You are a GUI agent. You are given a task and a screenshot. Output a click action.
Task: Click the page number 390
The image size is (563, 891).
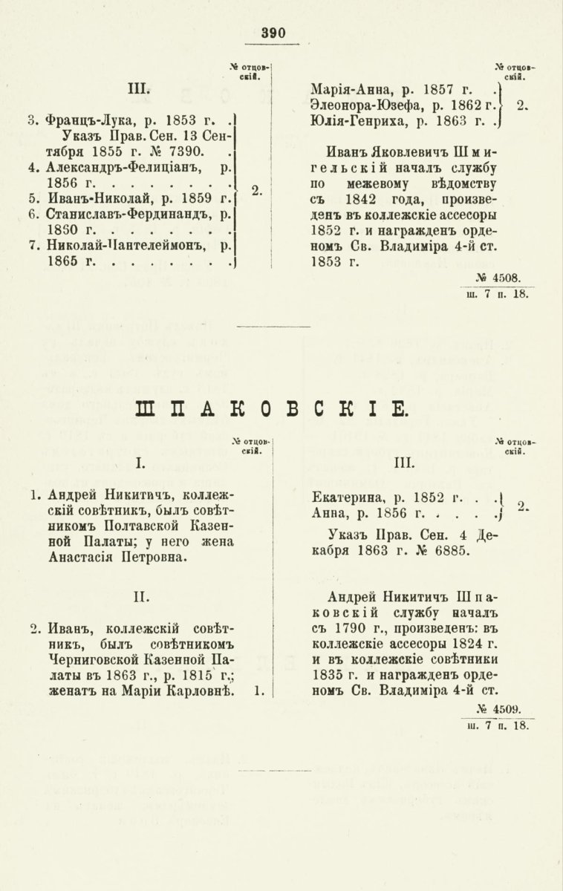tap(273, 33)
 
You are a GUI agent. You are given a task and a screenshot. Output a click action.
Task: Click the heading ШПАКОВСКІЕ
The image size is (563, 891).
tap(281, 409)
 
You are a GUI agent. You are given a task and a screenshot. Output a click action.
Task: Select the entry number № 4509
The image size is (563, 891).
tap(502, 709)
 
